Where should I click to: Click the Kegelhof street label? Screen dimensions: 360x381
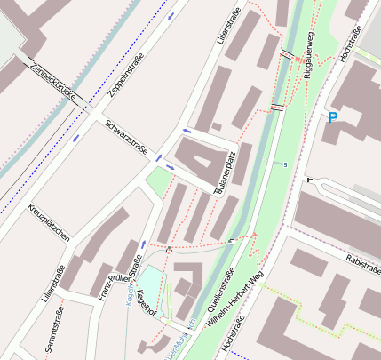point(147,303)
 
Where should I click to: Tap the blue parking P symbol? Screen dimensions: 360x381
point(333,116)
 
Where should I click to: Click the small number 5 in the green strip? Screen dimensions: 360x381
point(285,165)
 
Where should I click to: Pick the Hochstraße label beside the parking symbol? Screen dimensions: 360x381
point(352,44)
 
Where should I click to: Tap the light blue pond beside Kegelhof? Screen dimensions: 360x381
point(148,284)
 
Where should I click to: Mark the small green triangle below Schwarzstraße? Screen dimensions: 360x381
point(158,183)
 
